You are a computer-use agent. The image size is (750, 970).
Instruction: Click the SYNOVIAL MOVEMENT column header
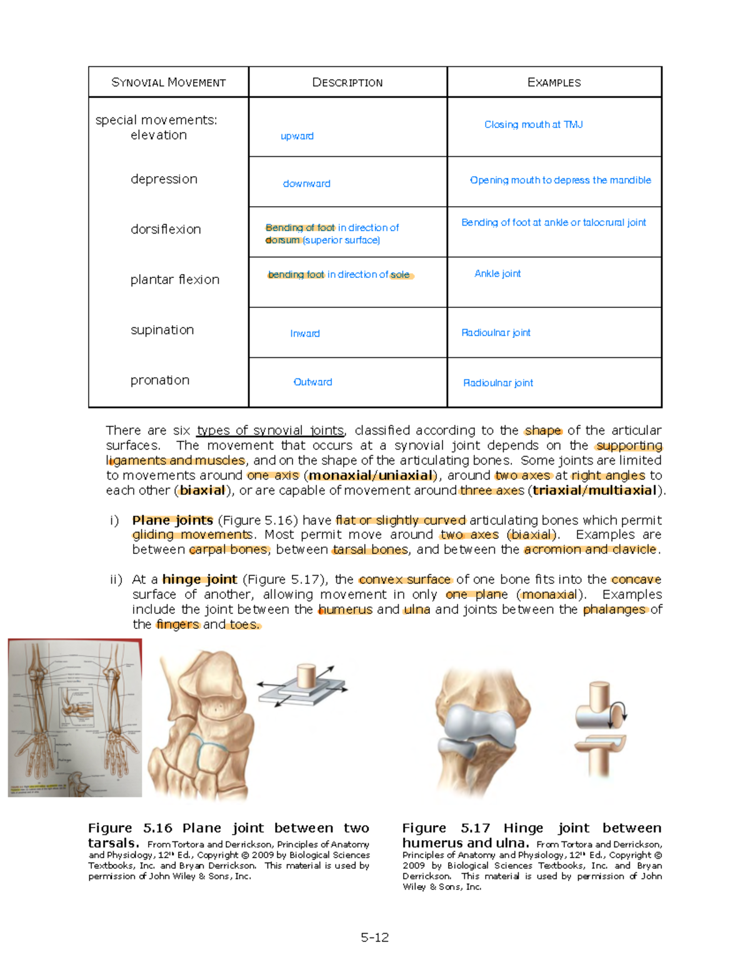point(168,82)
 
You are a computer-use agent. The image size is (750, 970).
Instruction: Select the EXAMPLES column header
point(554,82)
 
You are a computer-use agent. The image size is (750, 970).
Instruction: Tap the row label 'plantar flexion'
point(174,280)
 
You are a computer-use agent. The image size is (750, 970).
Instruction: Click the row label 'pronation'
point(159,380)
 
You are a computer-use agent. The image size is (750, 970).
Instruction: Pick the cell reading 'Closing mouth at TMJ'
point(533,125)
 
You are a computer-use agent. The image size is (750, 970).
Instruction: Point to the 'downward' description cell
point(306,184)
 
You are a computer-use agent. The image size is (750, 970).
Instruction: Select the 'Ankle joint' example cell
point(497,274)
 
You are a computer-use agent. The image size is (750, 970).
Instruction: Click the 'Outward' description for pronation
point(312,382)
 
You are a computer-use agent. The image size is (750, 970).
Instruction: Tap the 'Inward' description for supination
point(304,334)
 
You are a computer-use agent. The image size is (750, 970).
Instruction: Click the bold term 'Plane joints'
point(172,520)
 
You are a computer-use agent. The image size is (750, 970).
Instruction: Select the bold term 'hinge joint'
point(199,580)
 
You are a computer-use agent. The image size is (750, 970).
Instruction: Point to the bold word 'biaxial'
point(202,490)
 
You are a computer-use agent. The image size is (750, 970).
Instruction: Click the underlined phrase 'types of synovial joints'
point(270,430)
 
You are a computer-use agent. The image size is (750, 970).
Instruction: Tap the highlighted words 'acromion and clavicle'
point(591,550)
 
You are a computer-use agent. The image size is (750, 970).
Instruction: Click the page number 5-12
point(374,938)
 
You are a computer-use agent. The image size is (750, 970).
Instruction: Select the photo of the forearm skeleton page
point(75,718)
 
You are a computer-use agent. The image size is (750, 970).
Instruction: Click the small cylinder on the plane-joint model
point(307,676)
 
